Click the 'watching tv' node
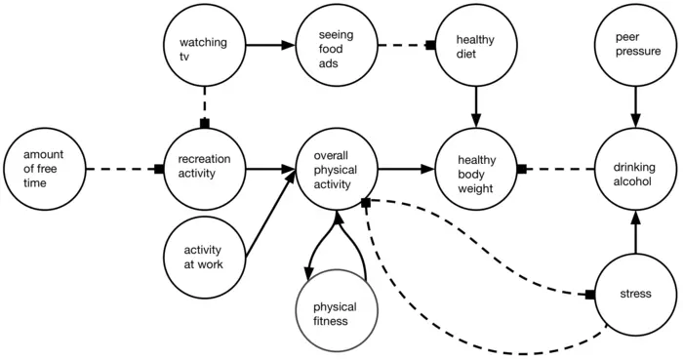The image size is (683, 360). (203, 45)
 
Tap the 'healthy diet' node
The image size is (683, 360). (475, 45)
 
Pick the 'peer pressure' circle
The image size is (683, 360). (635, 45)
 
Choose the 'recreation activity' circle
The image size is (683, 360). (203, 169)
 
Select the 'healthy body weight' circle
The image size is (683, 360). (475, 169)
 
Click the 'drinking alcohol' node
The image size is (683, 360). (635, 169)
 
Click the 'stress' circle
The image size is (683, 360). (635, 293)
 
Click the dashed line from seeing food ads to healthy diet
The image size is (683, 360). (404, 45)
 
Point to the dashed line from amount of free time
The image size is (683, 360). (123, 169)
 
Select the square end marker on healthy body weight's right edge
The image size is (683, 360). (522, 169)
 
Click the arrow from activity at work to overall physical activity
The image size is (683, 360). (268, 213)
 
